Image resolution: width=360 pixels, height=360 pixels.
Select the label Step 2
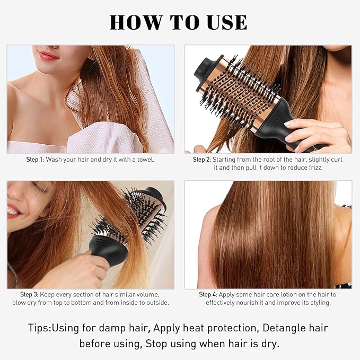coord(202,159)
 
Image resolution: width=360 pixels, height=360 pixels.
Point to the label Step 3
coord(30,294)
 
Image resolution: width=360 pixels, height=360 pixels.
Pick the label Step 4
coord(208,294)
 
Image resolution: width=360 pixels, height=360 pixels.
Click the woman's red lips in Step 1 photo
coord(49,55)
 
